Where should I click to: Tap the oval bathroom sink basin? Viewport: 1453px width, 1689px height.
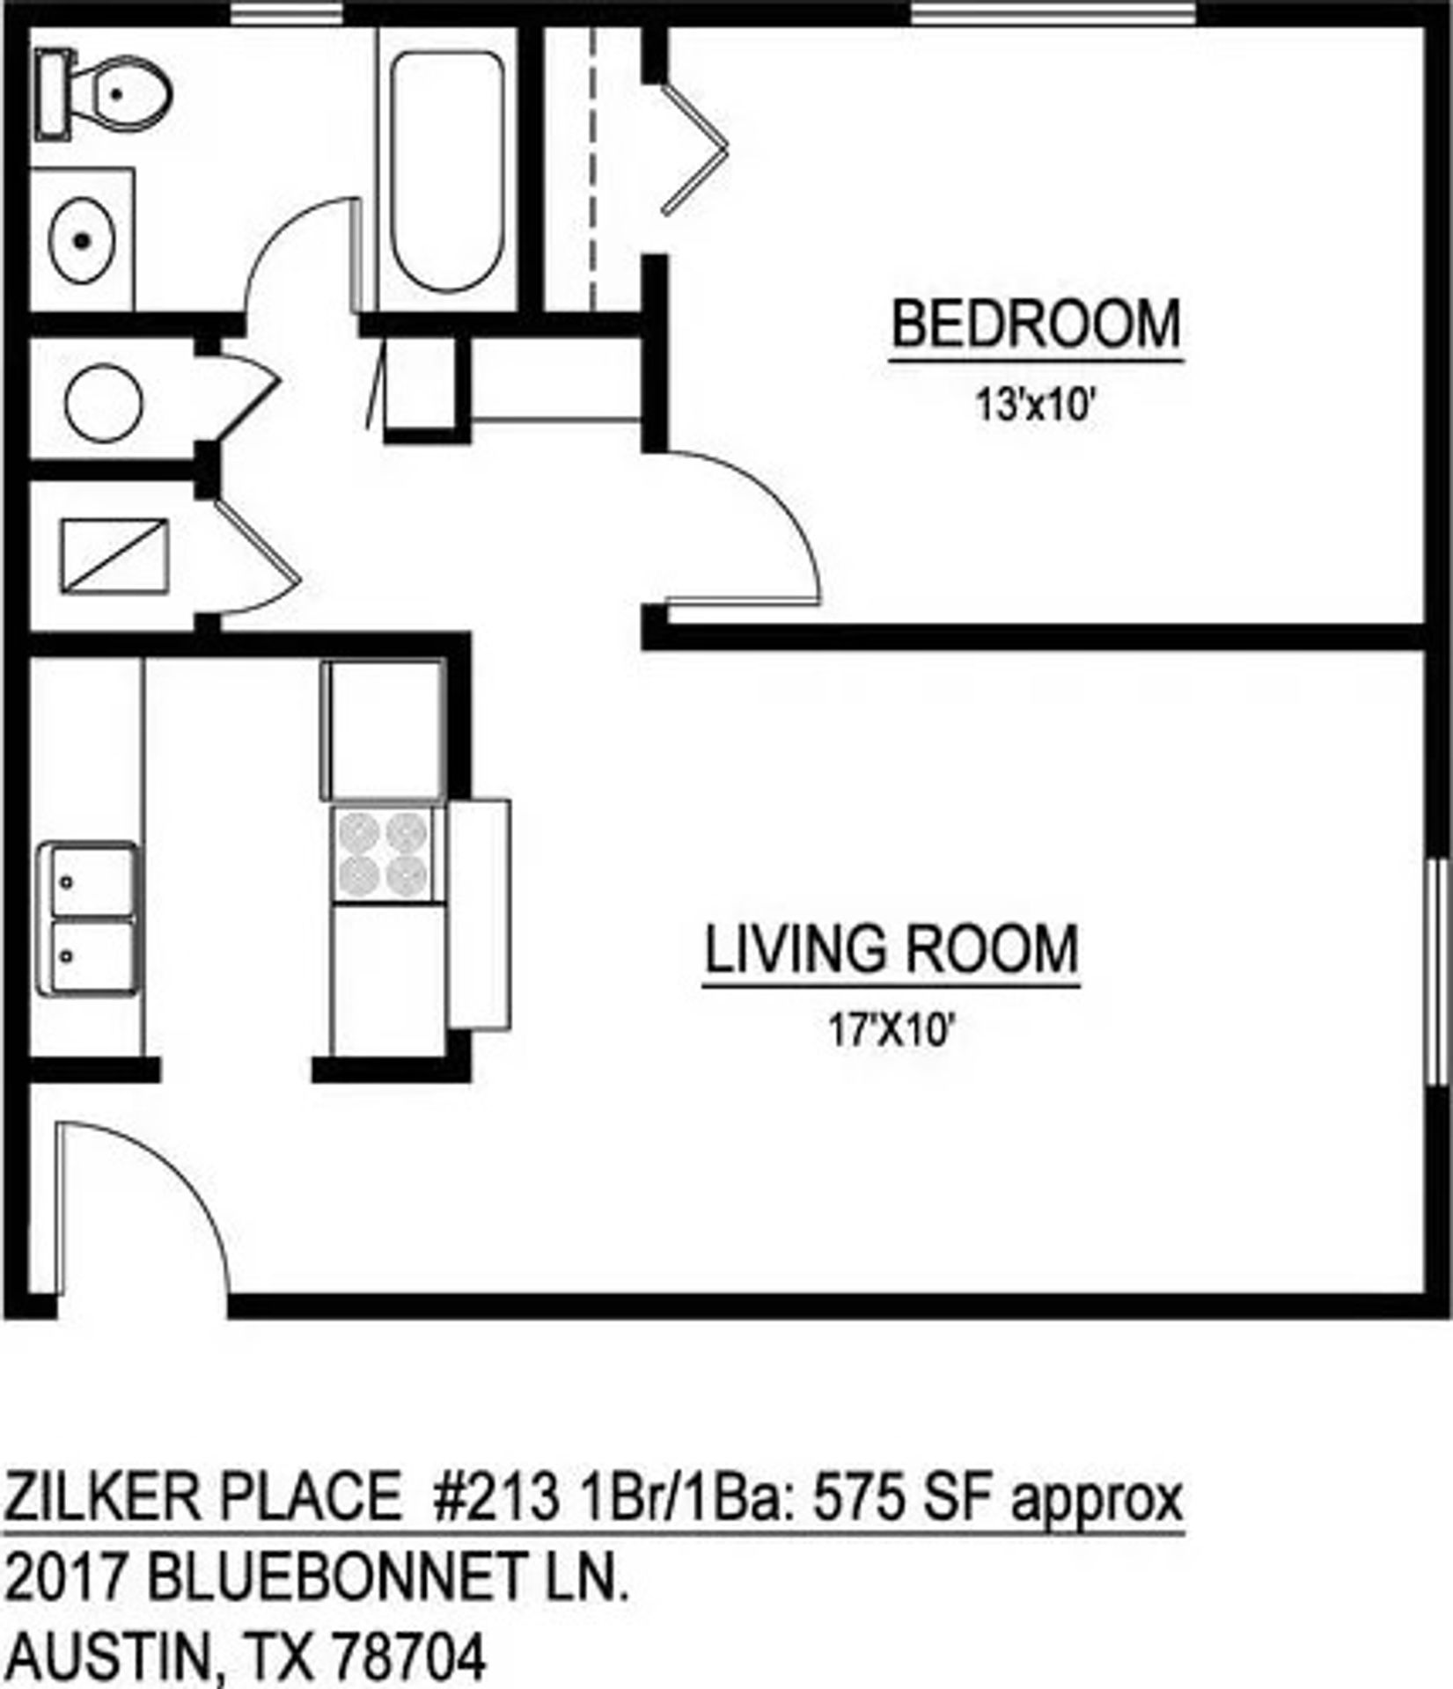coord(82,239)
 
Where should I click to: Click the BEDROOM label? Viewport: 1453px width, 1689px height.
coord(1036,325)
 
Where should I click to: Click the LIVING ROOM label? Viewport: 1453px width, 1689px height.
coord(892,949)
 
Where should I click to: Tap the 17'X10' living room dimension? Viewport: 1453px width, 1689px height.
coord(892,1031)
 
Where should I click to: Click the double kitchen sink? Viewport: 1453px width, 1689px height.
coord(86,918)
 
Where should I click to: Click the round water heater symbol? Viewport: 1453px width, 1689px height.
coord(104,402)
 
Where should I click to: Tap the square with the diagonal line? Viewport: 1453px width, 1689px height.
coord(114,556)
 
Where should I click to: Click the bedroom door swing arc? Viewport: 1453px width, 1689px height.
coord(757,519)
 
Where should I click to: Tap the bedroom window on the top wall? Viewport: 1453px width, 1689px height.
coord(1053,13)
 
